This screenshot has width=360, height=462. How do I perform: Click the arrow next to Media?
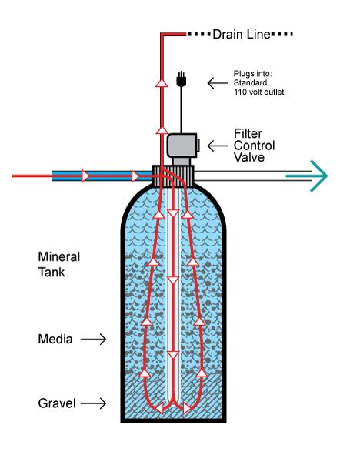[93, 337]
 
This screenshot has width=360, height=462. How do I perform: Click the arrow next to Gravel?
[95, 402]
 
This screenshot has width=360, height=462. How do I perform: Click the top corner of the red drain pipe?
[161, 35]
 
